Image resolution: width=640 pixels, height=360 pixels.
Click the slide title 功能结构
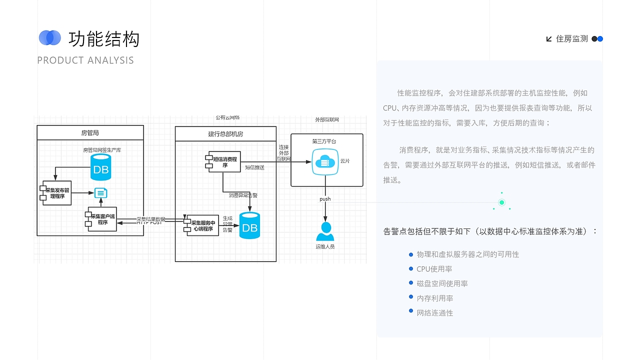click(x=103, y=38)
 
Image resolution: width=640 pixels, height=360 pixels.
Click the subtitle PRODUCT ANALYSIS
click(x=85, y=60)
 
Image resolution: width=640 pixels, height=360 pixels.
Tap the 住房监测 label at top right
click(x=572, y=39)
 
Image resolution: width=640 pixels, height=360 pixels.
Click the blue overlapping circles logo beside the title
click(x=49, y=37)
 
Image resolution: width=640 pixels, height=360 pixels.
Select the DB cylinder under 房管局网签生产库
click(x=100, y=167)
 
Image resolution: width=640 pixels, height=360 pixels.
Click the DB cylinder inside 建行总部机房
click(x=249, y=225)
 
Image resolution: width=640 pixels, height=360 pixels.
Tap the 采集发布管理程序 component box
click(x=57, y=193)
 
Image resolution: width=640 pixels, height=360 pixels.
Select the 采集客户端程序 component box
click(x=102, y=219)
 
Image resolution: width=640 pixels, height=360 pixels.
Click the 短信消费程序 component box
click(x=224, y=161)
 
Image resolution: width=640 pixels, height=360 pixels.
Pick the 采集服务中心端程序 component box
click(x=202, y=226)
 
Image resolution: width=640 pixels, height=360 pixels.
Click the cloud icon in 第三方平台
click(x=325, y=161)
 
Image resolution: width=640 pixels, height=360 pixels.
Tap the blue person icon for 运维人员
click(x=325, y=231)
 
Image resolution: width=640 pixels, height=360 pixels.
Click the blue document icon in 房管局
click(x=100, y=193)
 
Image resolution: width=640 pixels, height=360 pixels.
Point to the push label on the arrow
click(x=325, y=199)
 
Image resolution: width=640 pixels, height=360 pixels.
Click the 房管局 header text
click(x=90, y=133)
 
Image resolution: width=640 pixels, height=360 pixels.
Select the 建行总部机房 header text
click(x=225, y=134)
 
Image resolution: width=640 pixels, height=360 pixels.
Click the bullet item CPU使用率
click(x=434, y=269)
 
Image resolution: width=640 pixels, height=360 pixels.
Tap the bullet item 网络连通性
click(x=434, y=313)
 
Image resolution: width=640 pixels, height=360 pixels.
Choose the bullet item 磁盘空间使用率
click(x=442, y=283)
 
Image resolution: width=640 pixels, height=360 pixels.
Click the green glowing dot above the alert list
click(x=501, y=202)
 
